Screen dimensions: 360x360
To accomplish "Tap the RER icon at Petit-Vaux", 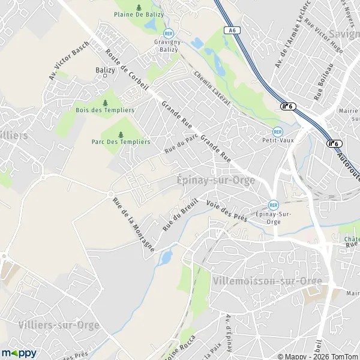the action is pos(277,131).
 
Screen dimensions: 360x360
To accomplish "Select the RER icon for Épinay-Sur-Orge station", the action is pos(274,205).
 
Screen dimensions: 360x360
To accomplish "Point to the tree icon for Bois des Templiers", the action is pos(105,103).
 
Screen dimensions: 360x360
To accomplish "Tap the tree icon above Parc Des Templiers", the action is pos(121,134).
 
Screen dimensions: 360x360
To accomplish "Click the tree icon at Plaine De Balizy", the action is pos(139,8).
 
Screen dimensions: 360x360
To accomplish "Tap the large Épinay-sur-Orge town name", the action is pos(216,180).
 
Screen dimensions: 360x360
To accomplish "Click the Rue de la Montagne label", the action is pos(134,224).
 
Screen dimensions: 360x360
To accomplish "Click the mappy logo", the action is pos(19,353).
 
